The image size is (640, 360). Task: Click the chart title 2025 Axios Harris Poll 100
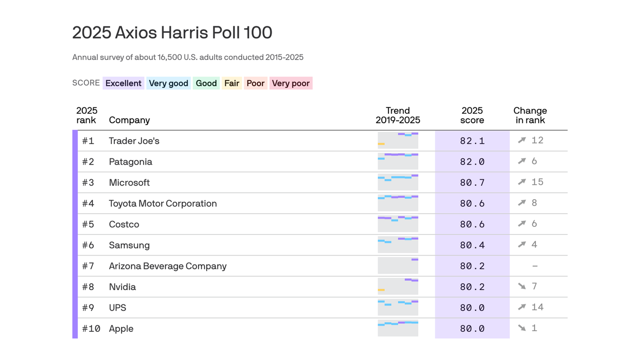[172, 33]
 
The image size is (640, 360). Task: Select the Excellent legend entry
[123, 83]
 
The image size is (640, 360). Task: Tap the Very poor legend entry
[290, 83]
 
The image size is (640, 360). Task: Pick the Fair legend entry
[231, 83]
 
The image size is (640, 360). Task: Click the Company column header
[129, 120]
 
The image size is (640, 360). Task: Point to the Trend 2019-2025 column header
[398, 115]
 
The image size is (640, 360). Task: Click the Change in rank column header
[530, 115]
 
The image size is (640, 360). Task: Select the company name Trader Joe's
[134, 141]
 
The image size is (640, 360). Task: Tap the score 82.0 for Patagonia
[472, 162]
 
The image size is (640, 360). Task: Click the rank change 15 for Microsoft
[537, 182]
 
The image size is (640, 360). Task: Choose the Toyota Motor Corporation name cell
[163, 203]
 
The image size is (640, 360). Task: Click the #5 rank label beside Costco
[88, 224]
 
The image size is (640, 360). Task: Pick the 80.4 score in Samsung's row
[472, 245]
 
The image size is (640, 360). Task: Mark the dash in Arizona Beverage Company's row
[535, 266]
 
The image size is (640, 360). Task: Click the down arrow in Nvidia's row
[522, 286]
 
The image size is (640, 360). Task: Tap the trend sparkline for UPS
[398, 307]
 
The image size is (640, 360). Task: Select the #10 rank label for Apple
[91, 329]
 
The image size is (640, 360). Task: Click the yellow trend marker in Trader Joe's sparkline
[381, 144]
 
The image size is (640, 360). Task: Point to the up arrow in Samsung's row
[522, 244]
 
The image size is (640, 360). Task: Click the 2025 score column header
[472, 115]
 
